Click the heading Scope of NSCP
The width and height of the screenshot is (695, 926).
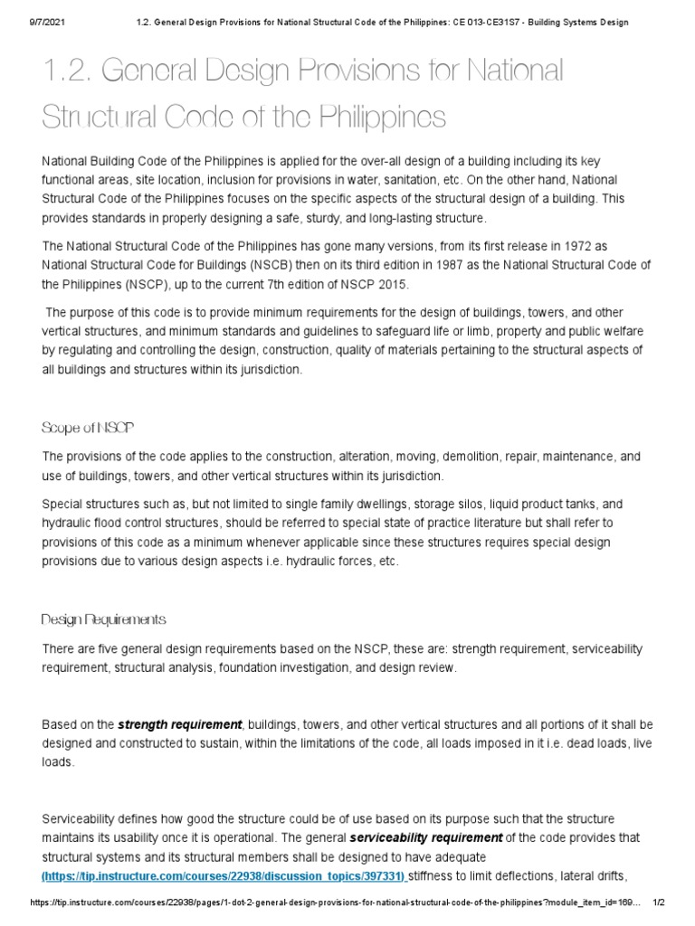(x=88, y=427)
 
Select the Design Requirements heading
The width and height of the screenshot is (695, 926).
(x=103, y=619)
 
